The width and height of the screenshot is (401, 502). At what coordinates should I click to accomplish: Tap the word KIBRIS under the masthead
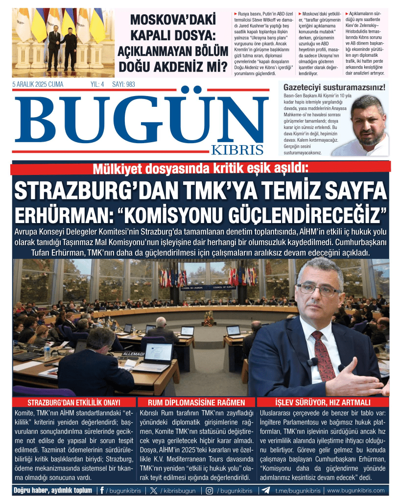[x=237, y=150]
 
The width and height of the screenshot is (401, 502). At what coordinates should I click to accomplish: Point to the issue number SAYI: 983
[x=123, y=84]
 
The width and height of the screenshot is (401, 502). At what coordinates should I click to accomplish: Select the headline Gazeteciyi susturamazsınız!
[x=341, y=88]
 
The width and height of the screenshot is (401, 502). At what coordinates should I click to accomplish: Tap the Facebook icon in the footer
[x=102, y=490]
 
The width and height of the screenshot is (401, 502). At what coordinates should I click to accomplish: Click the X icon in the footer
[x=154, y=490]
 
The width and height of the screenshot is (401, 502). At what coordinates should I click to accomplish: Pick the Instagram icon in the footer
[x=209, y=490]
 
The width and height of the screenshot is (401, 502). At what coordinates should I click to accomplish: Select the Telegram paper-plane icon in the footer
[x=266, y=490]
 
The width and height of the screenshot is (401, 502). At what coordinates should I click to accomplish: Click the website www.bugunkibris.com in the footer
[x=355, y=490]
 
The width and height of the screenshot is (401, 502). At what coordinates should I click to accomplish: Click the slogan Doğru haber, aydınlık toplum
[x=53, y=490]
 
